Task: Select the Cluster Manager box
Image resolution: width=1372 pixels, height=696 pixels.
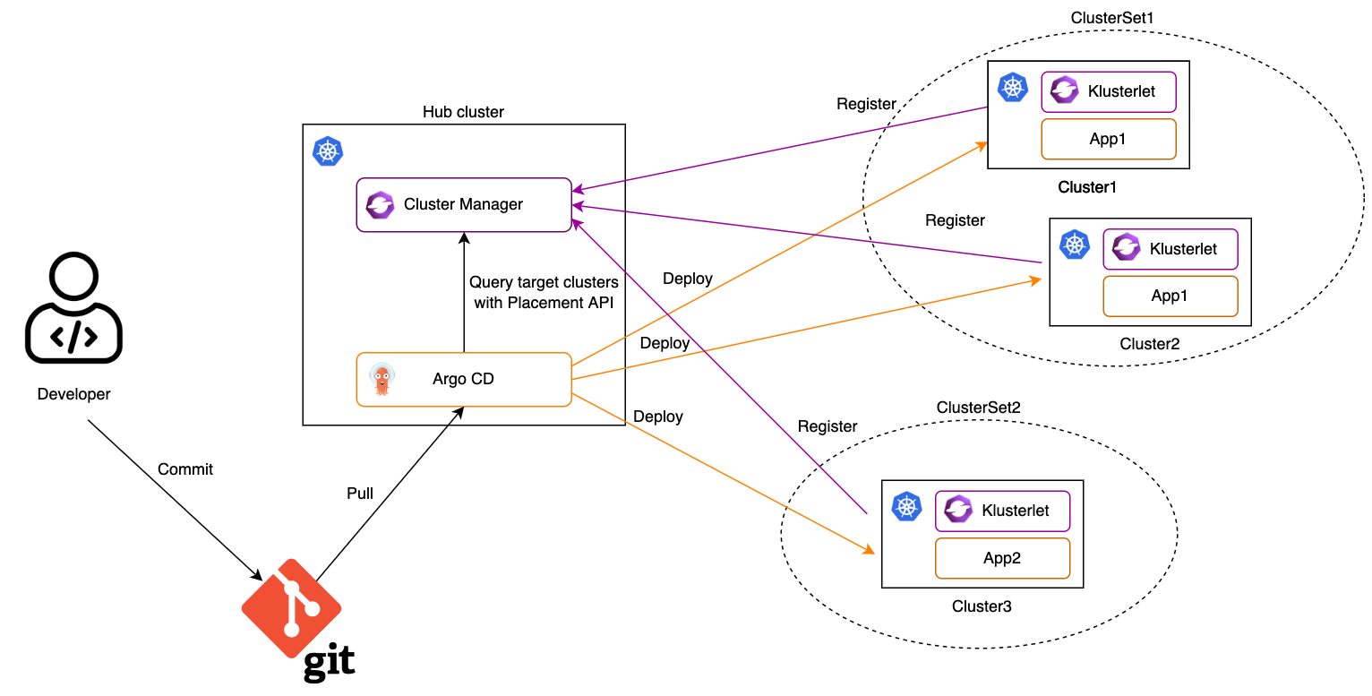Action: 464,204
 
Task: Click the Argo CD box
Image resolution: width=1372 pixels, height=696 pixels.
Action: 464,379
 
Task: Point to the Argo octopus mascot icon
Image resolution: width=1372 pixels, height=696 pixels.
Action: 382,379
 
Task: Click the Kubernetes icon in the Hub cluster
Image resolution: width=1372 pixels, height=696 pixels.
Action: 328,151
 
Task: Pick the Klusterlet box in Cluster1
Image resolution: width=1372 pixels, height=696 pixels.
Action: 1108,91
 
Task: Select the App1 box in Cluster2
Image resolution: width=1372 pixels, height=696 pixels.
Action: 1170,296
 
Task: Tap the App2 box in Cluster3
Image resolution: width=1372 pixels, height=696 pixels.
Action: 1002,558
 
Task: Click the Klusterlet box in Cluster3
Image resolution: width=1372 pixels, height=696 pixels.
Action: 1002,511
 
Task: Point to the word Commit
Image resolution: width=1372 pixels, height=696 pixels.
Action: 185,469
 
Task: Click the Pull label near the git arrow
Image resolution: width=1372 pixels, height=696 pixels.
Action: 360,494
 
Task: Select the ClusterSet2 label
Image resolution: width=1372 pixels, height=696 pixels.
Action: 978,408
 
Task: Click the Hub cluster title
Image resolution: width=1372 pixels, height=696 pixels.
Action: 463,112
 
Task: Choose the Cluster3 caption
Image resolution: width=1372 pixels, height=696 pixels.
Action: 982,606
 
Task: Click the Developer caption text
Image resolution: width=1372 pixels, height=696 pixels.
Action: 74,394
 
